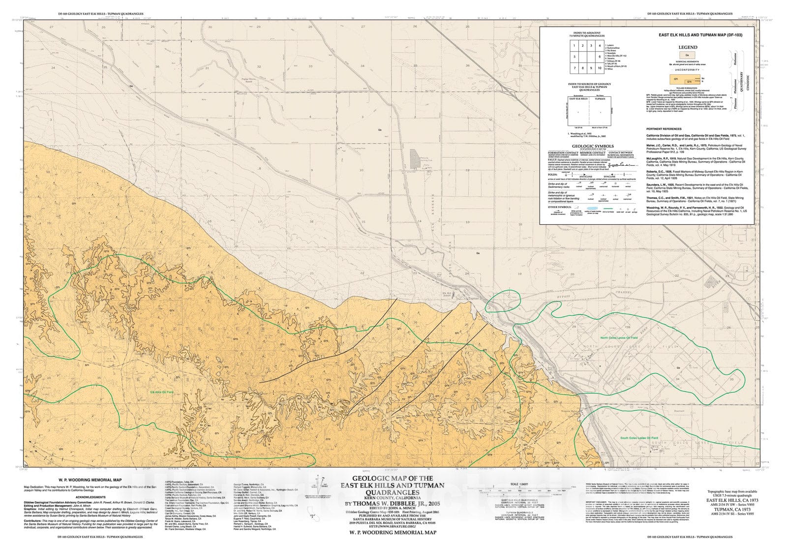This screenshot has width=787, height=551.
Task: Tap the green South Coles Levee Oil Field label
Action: point(639,438)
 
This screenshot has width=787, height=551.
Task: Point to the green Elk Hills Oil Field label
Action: point(162,392)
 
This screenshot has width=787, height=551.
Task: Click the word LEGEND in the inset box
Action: point(688,48)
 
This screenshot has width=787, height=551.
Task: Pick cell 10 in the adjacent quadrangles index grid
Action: point(600,68)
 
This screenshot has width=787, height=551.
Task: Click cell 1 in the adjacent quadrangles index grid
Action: point(574,46)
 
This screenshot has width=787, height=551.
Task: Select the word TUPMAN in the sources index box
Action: point(601,99)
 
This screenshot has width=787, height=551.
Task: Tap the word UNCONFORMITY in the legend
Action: point(688,70)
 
